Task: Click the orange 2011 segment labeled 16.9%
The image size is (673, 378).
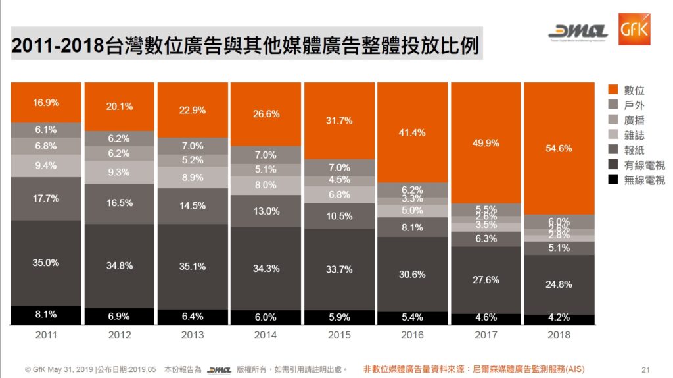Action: coord(46,103)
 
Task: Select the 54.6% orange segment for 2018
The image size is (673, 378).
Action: coord(559,148)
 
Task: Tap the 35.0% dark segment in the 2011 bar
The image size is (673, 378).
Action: coord(46,263)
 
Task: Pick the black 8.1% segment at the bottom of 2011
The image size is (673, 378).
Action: coord(46,315)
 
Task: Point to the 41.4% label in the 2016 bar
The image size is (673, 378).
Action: coord(413,132)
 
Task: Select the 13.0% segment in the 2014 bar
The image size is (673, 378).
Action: coord(266,211)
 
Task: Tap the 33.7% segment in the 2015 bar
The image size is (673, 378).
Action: coord(340,269)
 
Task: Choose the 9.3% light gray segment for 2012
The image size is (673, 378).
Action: coord(119,172)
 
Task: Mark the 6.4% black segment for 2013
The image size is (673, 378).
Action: coord(193,317)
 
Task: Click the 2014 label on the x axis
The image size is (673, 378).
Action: coord(266,335)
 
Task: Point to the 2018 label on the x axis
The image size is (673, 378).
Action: coord(559,335)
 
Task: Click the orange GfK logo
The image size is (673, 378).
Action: coord(634,30)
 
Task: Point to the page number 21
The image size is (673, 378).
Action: coord(645,369)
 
